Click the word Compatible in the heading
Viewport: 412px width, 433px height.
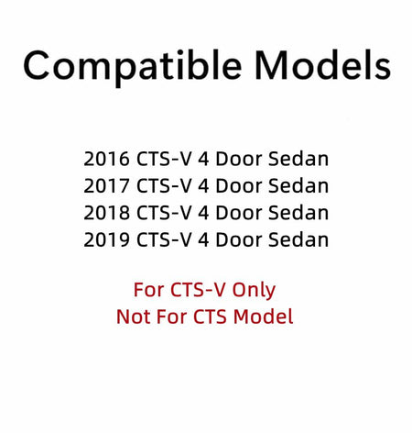pos(133,67)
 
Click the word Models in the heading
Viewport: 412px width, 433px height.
pos(322,65)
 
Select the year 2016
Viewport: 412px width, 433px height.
pos(106,159)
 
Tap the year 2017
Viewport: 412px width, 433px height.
pos(106,186)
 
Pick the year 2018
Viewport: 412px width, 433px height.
pos(106,213)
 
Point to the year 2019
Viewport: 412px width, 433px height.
pos(106,239)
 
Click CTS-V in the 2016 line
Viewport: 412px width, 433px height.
pos(164,159)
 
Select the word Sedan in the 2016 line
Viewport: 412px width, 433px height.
pos(298,159)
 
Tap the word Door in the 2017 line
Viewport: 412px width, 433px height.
pos(239,186)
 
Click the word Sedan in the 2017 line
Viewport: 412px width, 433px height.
pos(298,186)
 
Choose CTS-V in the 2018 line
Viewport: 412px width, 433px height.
pos(164,213)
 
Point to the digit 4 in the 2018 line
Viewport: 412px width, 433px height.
pos(203,213)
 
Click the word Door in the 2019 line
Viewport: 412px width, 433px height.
pos(239,239)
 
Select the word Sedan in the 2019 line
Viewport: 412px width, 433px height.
pos(298,239)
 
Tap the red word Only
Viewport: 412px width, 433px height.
pos(254,291)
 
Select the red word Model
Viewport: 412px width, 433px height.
pos(264,316)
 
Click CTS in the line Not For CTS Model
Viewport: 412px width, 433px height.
pos(211,316)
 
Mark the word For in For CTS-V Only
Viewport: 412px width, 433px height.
pos(149,290)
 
